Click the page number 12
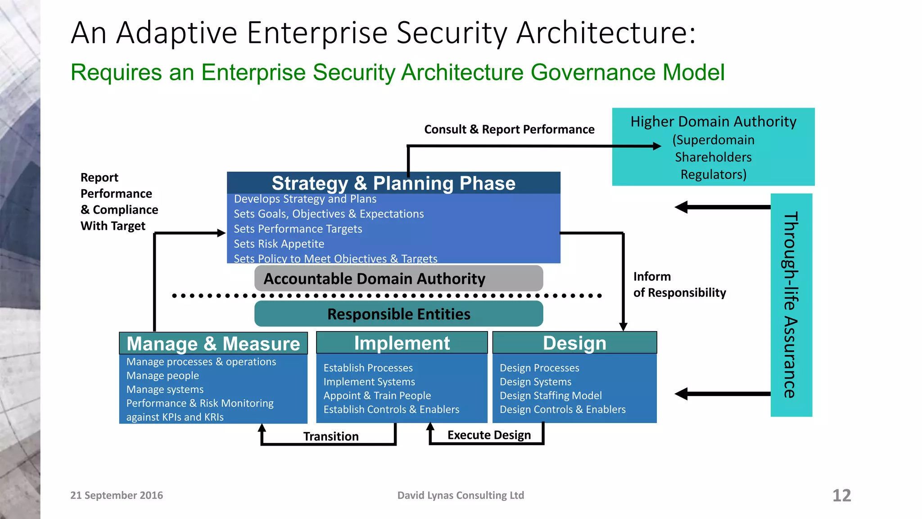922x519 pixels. click(841, 496)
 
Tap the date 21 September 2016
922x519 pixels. click(117, 495)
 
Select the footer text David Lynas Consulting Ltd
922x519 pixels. click(461, 495)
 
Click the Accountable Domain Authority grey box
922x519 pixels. click(398, 278)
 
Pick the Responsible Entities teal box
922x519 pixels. click(398, 314)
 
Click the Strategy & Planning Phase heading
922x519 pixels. click(393, 183)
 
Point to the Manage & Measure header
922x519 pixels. click(213, 344)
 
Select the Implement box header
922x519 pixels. click(402, 343)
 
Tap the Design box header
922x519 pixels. click(574, 343)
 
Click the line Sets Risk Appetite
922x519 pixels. click(279, 244)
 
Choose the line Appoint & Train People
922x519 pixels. click(377, 396)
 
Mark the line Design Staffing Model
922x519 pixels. click(550, 396)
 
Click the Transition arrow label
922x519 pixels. click(331, 436)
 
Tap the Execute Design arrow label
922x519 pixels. click(489, 435)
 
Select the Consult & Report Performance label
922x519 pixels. click(509, 129)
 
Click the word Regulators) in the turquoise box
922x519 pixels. click(713, 174)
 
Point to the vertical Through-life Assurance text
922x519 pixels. click(791, 305)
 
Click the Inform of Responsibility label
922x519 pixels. click(679, 285)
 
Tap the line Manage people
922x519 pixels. click(163, 376)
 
